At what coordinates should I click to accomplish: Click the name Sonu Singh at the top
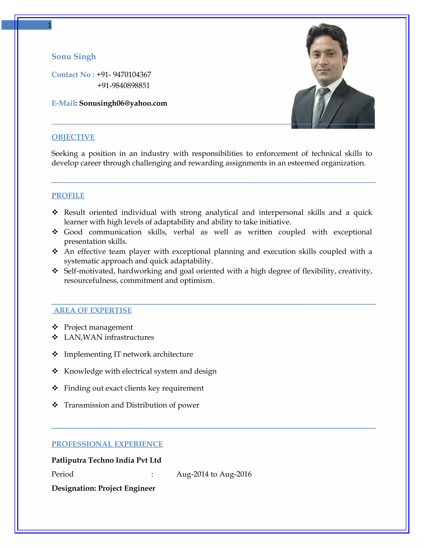(73, 56)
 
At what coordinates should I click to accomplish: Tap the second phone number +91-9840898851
(123, 86)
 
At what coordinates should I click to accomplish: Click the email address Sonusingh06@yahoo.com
(123, 103)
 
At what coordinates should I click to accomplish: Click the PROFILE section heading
(68, 195)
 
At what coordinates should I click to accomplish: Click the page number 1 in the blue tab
(49, 25)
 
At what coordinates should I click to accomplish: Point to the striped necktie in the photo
(320, 108)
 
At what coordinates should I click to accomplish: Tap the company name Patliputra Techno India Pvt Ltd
(106, 460)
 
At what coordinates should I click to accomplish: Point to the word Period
(63, 474)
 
